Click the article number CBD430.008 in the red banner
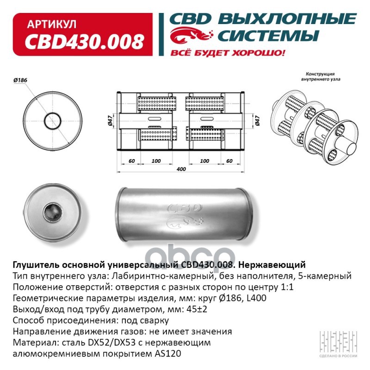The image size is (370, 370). pos(84,43)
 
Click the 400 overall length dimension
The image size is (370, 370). pos(181,169)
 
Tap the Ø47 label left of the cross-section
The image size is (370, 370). pos(111,122)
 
